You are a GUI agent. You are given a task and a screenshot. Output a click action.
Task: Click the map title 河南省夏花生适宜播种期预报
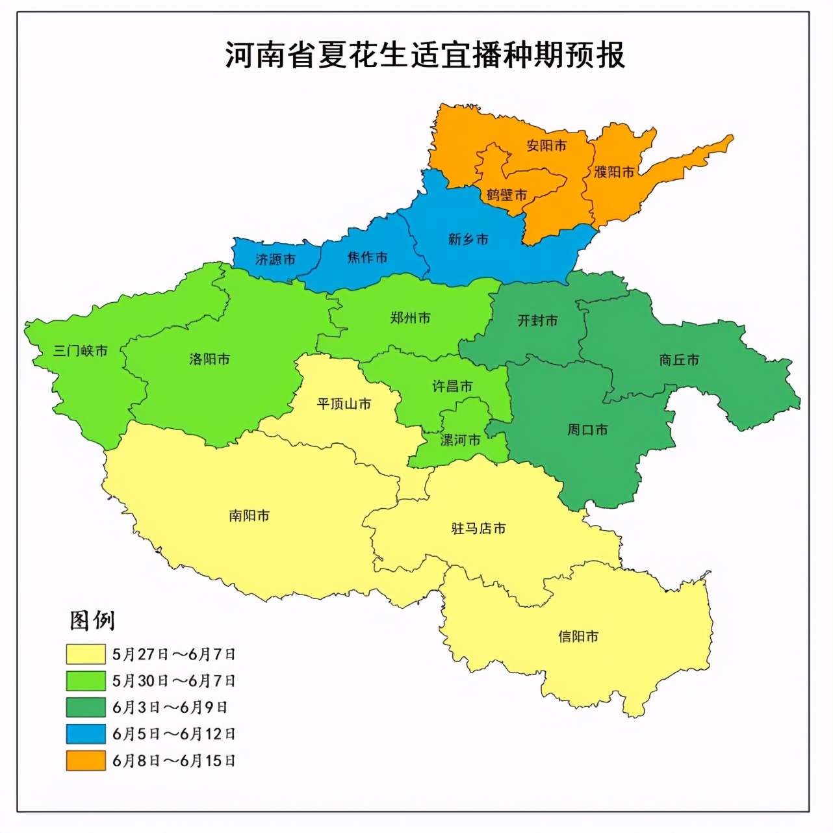[x=425, y=55]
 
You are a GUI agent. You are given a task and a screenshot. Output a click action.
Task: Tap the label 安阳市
[x=546, y=146]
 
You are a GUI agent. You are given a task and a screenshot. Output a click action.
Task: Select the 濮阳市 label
[x=614, y=172]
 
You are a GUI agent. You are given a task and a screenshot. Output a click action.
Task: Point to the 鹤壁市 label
[x=507, y=195]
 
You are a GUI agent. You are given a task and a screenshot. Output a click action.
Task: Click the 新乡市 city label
[x=468, y=239]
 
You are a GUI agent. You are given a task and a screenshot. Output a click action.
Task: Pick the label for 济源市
[x=276, y=259]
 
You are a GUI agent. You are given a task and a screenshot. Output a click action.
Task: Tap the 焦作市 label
[x=367, y=257]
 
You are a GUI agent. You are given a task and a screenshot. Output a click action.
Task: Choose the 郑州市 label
[x=410, y=318]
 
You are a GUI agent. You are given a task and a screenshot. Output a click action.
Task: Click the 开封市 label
[x=537, y=320]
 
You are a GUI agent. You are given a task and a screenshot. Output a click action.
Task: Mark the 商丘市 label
[x=679, y=360]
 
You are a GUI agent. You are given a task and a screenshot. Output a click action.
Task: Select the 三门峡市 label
[x=80, y=351]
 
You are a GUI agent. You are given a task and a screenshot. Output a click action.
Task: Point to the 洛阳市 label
[x=209, y=359]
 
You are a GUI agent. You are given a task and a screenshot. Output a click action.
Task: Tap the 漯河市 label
[x=461, y=440]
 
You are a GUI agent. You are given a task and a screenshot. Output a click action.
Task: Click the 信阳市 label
[x=578, y=637]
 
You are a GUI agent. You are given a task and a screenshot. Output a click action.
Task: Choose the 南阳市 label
[x=249, y=516]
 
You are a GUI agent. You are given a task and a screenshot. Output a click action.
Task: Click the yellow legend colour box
[x=86, y=654]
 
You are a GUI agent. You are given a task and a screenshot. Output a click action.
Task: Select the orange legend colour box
[x=86, y=761]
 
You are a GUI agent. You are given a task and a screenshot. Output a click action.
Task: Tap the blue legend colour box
[x=86, y=734]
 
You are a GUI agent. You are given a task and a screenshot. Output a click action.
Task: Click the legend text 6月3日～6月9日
[x=170, y=708]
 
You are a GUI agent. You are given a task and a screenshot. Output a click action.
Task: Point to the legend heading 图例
[x=92, y=621]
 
